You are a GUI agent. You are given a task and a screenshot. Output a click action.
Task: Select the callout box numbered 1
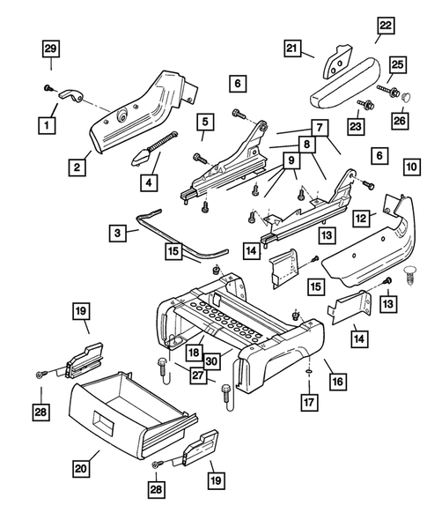[42, 126]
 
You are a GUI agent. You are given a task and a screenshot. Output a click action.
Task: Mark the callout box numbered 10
[411, 166]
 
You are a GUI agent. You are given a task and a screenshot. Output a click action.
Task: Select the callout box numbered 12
[361, 216]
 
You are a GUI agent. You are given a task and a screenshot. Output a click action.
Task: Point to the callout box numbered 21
[293, 49]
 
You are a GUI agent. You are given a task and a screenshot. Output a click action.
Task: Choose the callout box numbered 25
[397, 65]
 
